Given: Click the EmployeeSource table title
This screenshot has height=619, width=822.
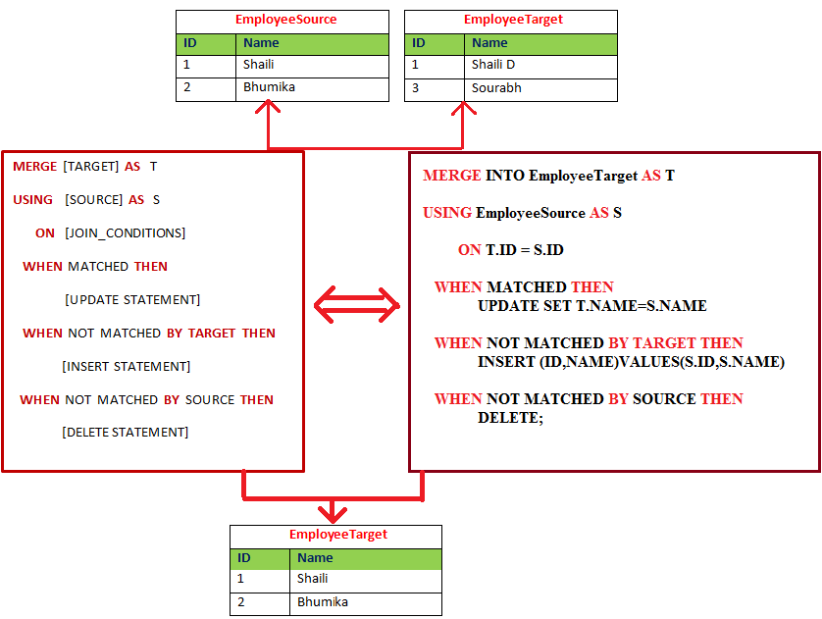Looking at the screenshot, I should [285, 20].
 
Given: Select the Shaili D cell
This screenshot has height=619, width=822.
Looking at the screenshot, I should [493, 65].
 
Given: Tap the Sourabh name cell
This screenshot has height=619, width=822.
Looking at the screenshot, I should [496, 88].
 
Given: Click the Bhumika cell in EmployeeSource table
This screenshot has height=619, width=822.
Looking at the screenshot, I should [269, 87].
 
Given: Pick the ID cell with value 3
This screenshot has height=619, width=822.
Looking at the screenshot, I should [415, 88].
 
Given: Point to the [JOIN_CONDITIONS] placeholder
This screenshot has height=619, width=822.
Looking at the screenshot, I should [125, 232].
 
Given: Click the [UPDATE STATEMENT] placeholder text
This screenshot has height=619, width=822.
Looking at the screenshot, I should [131, 299].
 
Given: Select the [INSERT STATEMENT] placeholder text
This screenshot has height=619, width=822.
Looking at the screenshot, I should [126, 366].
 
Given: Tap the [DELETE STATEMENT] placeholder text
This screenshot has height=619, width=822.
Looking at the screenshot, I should [125, 432].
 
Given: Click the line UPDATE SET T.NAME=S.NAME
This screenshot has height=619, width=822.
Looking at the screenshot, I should [591, 306].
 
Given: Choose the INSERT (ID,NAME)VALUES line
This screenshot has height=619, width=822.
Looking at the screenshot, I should [631, 362].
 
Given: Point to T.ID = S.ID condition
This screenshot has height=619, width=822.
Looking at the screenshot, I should [524, 250].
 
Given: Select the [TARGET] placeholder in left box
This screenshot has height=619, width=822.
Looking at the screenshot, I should [90, 167].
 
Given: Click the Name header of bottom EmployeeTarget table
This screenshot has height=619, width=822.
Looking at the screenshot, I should [315, 558].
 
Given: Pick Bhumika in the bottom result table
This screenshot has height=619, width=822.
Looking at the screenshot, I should [323, 601].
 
